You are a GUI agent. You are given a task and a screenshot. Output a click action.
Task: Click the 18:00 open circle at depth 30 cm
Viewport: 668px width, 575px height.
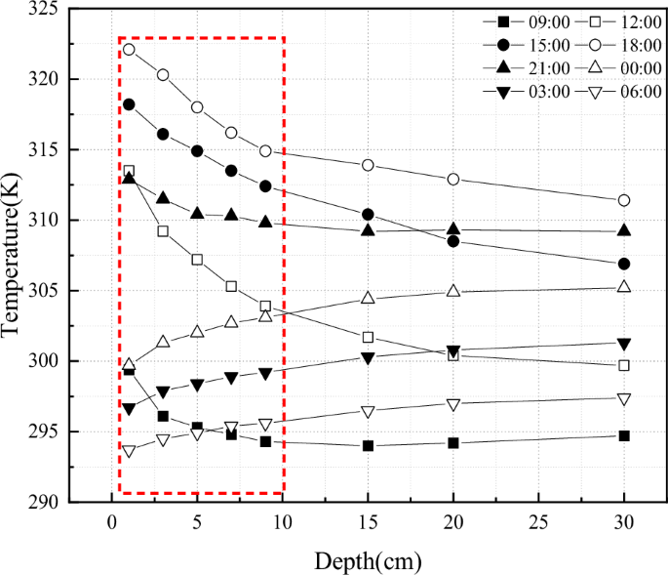tap(624, 200)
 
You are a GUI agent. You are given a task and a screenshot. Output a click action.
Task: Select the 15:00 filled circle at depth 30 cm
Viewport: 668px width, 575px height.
tap(624, 264)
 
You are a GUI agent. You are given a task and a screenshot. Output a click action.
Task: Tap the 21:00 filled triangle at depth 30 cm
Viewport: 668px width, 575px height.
tap(624, 230)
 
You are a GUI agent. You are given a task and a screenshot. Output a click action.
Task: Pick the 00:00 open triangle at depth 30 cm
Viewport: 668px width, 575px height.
tap(624, 287)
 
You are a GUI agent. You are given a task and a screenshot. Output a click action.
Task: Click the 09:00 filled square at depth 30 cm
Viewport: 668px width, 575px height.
tap(624, 435)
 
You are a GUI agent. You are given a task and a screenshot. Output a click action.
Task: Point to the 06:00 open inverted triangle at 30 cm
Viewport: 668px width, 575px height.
tap(624, 398)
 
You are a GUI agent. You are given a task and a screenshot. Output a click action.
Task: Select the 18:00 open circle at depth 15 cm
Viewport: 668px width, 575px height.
tap(368, 165)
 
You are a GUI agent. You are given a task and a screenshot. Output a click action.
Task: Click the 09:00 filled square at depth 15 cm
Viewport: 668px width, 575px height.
tap(368, 445)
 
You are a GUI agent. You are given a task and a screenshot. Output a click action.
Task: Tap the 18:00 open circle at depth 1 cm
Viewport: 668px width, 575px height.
tap(129, 50)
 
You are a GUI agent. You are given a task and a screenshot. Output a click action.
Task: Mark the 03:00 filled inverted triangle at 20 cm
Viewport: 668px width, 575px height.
tap(453, 350)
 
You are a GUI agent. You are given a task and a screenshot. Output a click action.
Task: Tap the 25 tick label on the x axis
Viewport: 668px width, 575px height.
tap(538, 522)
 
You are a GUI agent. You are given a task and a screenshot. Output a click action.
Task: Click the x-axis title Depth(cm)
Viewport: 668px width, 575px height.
tap(368, 560)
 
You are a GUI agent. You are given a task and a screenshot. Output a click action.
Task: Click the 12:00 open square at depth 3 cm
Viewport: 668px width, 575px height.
tap(163, 231)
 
